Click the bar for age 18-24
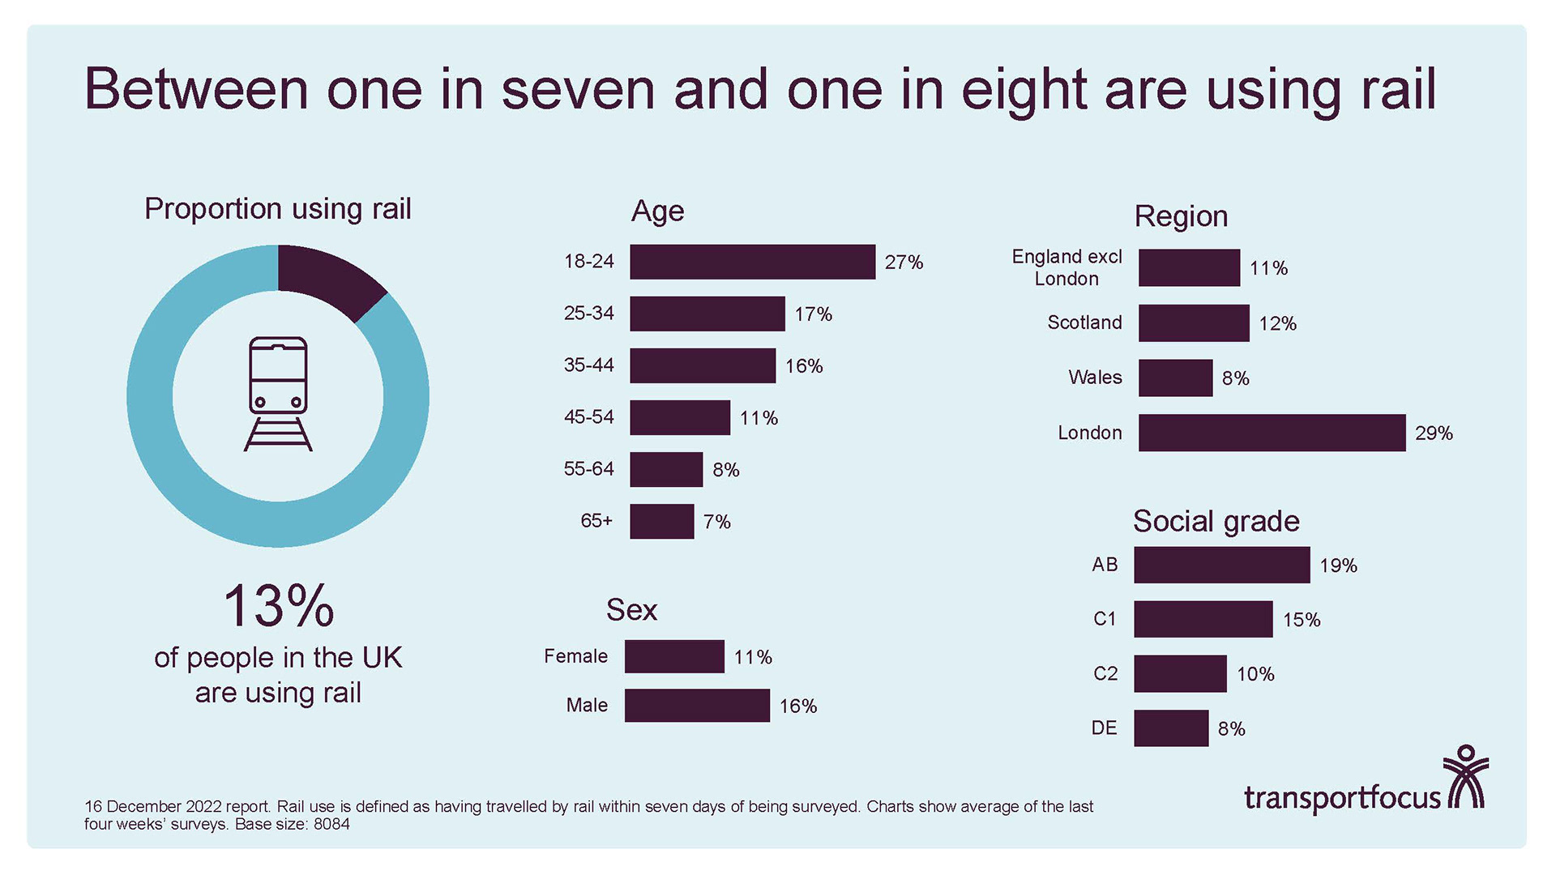click(x=752, y=262)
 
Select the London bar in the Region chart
click(x=1271, y=433)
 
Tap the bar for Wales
click(x=1175, y=378)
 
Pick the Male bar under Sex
click(x=697, y=705)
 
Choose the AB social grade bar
click(x=1221, y=565)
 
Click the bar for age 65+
click(x=661, y=521)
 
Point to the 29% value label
click(x=1434, y=433)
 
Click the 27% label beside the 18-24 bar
click(x=904, y=262)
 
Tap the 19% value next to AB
click(x=1338, y=566)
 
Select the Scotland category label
click(x=1084, y=322)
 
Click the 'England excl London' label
click(x=1067, y=267)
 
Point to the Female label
click(x=575, y=656)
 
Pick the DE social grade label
click(x=1104, y=728)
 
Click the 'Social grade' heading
click(x=1216, y=521)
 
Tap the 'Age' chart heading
click(x=657, y=211)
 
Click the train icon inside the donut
click(x=278, y=394)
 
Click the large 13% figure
click(x=278, y=606)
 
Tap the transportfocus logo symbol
click(x=1466, y=779)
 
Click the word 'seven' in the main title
click(x=578, y=89)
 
